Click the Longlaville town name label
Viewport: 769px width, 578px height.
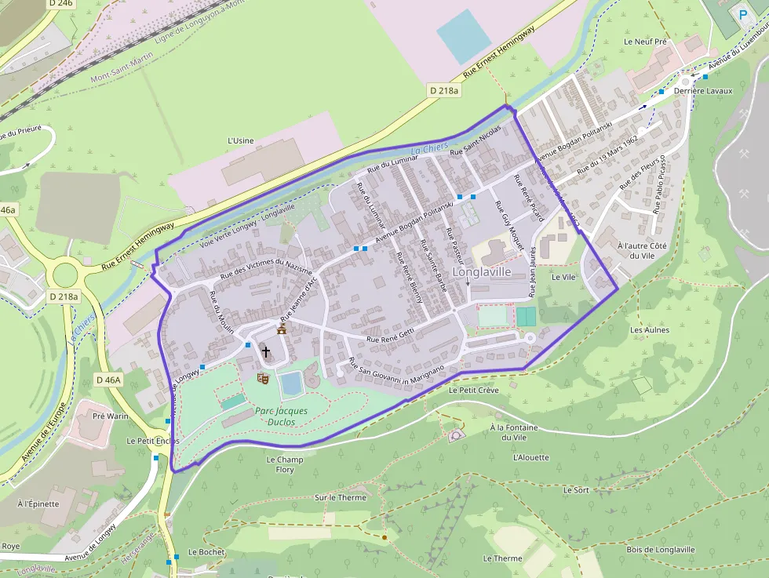pos(482,271)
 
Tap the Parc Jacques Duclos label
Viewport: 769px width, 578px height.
pos(281,416)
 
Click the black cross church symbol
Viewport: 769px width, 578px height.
pos(266,352)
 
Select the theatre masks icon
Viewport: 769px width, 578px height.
pos(263,378)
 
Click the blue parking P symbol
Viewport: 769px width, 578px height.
pos(743,14)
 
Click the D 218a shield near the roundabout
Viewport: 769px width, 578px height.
pos(64,296)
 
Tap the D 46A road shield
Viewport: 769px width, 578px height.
pos(108,380)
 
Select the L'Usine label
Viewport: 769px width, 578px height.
pos(240,140)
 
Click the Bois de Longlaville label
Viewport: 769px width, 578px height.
pos(660,550)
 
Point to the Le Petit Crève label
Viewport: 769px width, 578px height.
pos(474,390)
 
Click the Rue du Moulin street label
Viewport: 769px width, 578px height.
pos(221,313)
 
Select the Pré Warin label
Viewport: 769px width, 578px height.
pos(110,416)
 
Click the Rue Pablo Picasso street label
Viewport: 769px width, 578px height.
pos(659,184)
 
